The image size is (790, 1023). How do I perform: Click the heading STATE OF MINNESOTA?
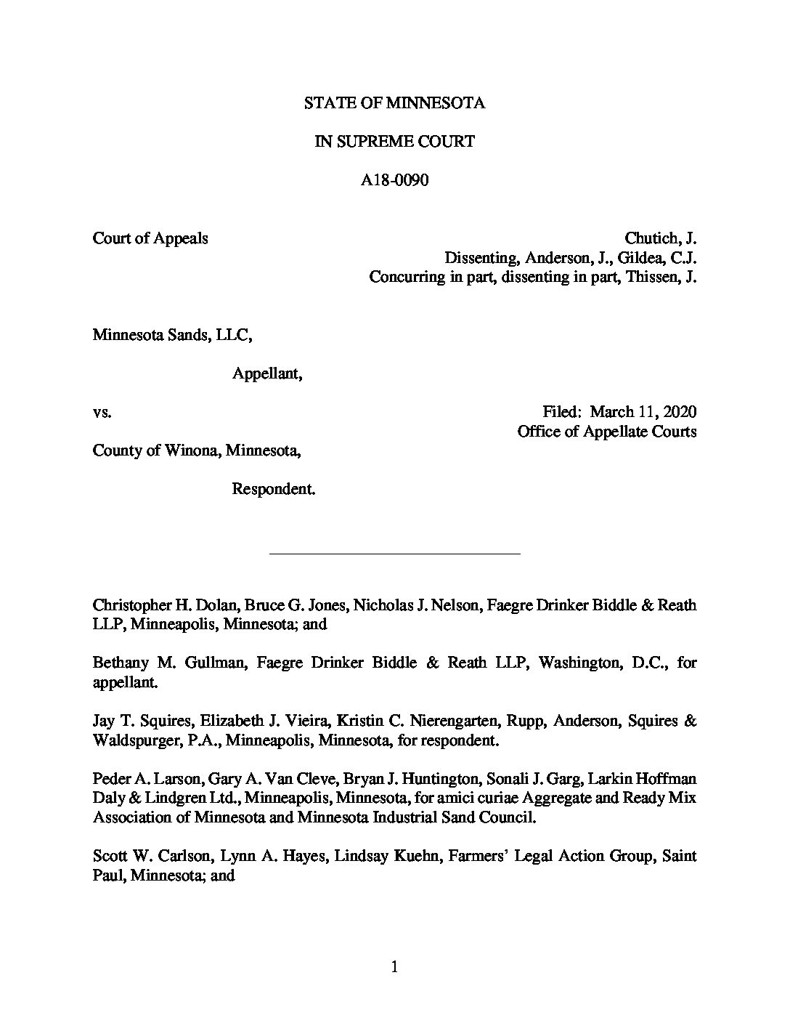394,103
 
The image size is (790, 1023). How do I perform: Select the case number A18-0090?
394,180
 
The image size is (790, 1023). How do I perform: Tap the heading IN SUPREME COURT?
394,142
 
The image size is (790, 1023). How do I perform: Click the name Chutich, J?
660,238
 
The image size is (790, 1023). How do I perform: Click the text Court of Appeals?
150,238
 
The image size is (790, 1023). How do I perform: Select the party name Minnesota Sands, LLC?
172,335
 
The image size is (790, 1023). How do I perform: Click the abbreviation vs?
102,413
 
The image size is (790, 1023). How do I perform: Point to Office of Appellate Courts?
606,432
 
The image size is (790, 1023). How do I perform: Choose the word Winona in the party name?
195,450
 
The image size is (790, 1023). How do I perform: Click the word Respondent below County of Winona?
273,489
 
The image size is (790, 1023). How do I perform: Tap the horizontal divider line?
394,554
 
